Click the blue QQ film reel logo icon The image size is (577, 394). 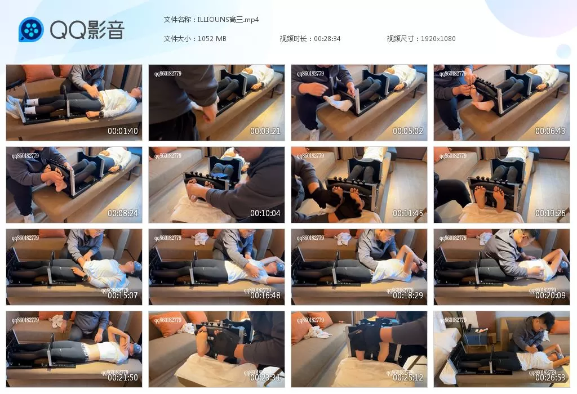coord(31,29)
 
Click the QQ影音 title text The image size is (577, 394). coord(87,30)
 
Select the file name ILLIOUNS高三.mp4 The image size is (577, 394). coord(228,19)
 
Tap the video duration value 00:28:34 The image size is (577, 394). coord(327,39)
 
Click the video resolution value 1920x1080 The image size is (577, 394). coord(438,39)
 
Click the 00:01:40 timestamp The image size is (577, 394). coord(123,132)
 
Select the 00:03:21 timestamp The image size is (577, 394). coord(265,132)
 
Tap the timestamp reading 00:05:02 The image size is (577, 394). coord(408,132)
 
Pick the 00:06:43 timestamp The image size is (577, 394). coord(551,132)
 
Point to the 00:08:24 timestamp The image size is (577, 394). coord(123,214)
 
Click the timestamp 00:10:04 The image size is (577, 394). coord(265,214)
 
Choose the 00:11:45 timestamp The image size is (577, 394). coord(408,214)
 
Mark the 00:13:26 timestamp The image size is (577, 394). coord(551,214)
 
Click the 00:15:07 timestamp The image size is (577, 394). coord(123,295)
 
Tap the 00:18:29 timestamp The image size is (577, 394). coord(408,295)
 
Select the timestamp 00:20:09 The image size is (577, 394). coord(551,295)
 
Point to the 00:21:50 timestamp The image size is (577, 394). coord(123,378)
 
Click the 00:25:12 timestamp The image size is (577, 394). coord(408,378)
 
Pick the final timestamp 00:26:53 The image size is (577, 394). coord(551,378)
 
